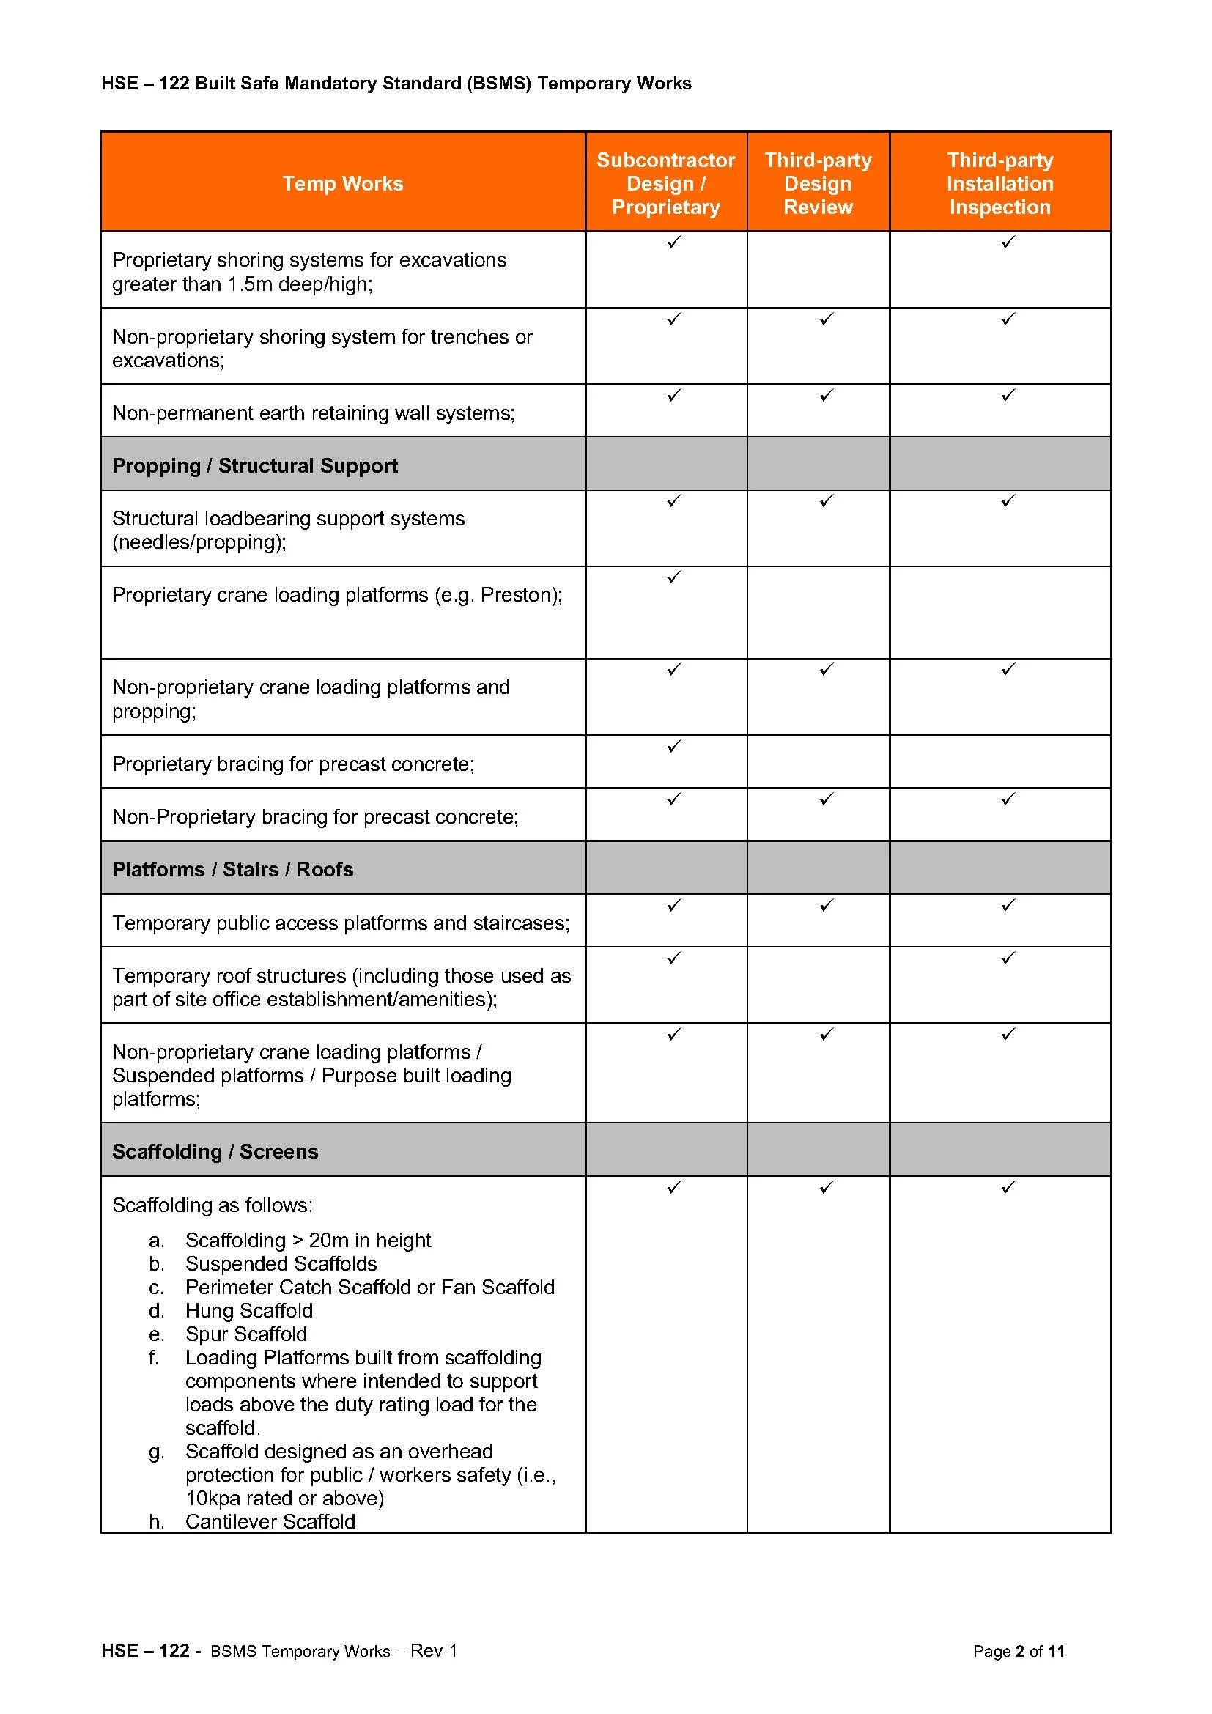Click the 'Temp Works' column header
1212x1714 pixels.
342,184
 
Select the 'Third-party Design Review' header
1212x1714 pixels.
818,184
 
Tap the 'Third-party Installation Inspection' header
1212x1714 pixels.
999,184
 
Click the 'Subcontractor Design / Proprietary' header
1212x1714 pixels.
665,184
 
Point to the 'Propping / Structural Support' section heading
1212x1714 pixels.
254,466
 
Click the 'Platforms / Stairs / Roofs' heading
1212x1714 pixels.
233,870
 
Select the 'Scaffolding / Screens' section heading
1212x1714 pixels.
215,1152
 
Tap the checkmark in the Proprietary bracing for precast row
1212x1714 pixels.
674,747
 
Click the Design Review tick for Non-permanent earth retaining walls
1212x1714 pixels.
825,395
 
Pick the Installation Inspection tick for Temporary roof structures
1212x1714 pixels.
1008,958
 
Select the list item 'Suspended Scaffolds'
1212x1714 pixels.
281,1264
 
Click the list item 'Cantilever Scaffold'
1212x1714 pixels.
270,1522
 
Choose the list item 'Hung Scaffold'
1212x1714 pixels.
249,1311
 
